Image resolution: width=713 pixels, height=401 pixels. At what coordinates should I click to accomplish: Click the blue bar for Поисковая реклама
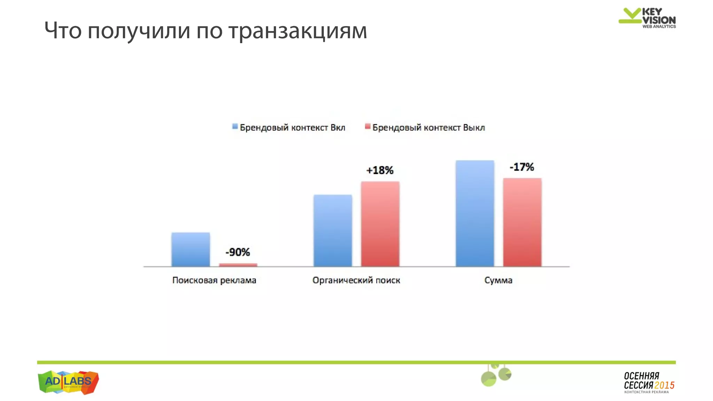pos(191,249)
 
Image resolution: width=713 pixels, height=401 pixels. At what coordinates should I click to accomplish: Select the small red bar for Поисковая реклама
pos(238,265)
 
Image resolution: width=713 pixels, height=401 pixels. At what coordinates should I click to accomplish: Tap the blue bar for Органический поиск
pos(333,230)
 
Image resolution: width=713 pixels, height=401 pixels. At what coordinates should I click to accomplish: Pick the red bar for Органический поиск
pos(380,224)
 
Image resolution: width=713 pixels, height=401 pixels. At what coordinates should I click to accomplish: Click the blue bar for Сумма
pos(475,213)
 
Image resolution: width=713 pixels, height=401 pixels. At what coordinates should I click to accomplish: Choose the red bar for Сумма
pos(522,222)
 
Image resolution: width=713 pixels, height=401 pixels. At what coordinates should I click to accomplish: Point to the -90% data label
pos(238,252)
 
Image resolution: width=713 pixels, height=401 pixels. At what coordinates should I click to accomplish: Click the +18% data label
pos(380,170)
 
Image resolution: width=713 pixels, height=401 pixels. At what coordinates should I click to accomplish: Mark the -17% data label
pos(522,167)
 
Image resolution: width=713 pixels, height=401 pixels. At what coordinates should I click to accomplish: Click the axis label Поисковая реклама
pos(214,280)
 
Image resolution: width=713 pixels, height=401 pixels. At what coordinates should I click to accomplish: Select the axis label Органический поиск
pos(356,280)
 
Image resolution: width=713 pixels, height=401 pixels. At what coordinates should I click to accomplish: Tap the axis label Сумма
pos(498,280)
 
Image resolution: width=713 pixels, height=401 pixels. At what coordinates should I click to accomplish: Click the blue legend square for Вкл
pos(235,127)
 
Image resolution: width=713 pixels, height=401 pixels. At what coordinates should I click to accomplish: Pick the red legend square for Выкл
pos(368,127)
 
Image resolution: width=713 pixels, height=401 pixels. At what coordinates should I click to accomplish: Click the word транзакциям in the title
pos(298,31)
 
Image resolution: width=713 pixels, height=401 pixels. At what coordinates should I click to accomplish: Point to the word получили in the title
pos(139,31)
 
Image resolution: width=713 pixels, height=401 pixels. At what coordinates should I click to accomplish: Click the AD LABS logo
pos(68,382)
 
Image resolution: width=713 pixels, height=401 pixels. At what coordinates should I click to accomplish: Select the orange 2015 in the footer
pos(664,385)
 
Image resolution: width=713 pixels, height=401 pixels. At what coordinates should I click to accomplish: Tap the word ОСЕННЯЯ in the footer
pos(641,376)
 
